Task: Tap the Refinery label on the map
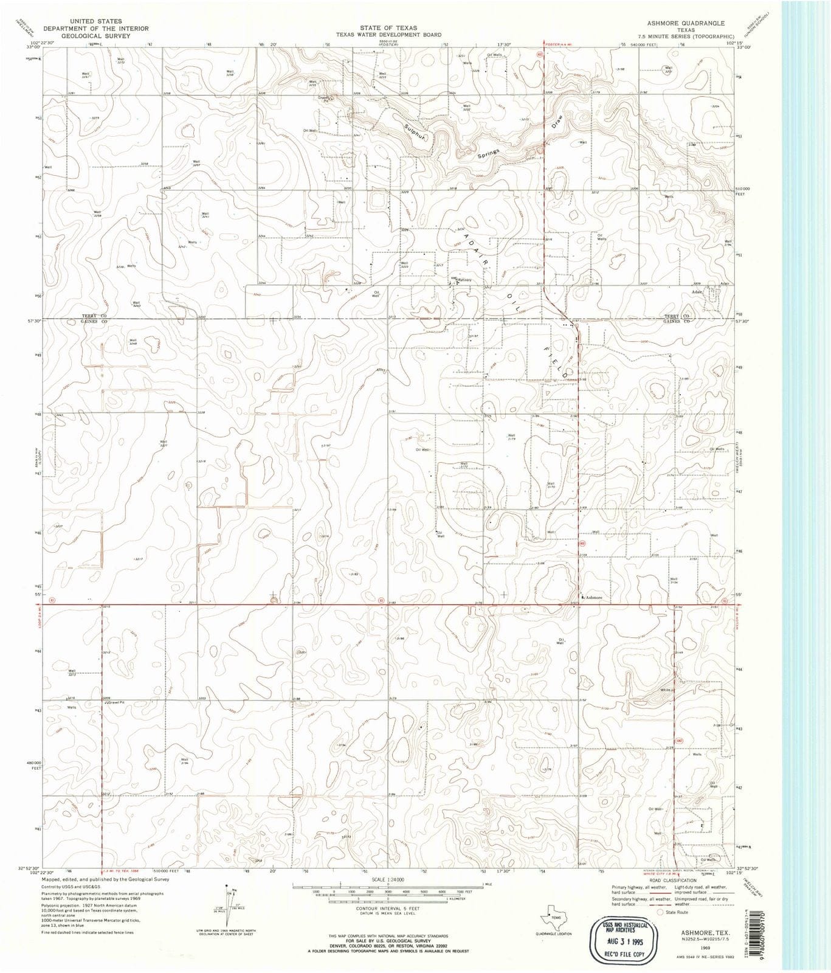tap(464, 280)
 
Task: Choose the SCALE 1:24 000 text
tap(387, 879)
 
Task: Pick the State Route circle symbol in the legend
tap(660, 912)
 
